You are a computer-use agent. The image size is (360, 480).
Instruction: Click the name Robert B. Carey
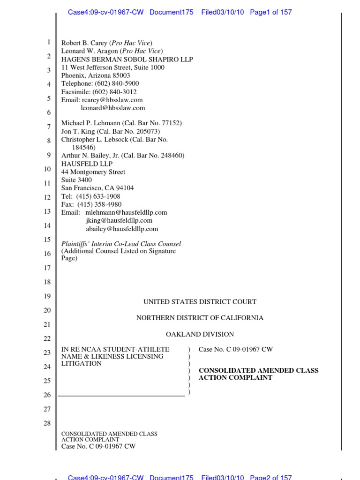(84, 43)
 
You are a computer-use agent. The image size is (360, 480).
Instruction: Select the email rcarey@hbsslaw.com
(112, 100)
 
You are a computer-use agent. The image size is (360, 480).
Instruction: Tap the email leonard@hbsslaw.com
(113, 108)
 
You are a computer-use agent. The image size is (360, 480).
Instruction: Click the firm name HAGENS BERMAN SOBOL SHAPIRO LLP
(127, 60)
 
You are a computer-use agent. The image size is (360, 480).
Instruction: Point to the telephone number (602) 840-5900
(117, 83)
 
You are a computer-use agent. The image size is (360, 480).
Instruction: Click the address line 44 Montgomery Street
(93, 172)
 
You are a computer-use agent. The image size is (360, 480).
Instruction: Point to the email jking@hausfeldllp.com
(119, 220)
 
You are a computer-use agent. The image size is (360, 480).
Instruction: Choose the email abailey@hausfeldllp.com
(122, 229)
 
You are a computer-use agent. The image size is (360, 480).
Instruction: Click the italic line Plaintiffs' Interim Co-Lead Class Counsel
(121, 244)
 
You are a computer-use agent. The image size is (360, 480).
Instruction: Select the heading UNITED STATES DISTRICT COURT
(200, 302)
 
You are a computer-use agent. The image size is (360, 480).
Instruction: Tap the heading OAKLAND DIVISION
(200, 334)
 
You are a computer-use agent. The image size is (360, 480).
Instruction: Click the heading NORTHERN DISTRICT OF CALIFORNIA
(200, 318)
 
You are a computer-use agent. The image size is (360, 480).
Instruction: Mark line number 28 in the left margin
(47, 424)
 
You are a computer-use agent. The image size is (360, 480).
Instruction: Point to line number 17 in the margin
(47, 269)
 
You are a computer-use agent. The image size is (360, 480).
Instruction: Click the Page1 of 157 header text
(270, 12)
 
